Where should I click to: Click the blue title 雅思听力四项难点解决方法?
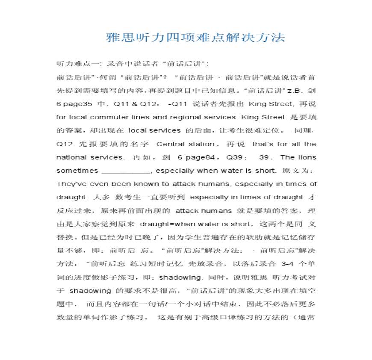(x=195, y=38)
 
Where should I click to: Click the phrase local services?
(x=154, y=130)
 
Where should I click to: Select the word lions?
(x=307, y=157)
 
